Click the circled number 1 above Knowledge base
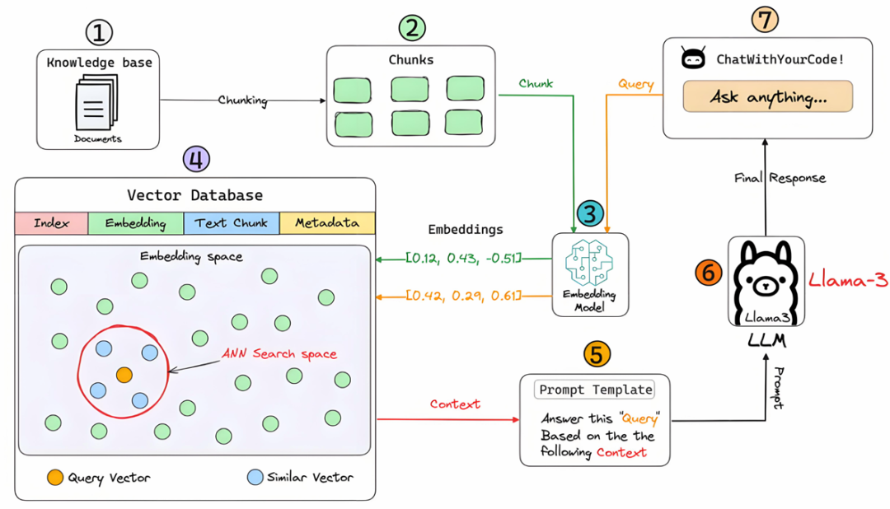coord(99,32)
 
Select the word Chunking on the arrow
coord(243,100)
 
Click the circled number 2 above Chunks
coord(412,28)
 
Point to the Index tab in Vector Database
coord(52,223)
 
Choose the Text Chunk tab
coord(231,223)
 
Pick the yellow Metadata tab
coord(327,223)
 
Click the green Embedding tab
coord(136,223)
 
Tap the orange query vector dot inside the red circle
coord(124,375)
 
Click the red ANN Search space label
coord(279,353)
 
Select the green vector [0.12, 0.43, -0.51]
coord(463,258)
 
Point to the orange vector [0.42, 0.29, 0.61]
coord(463,296)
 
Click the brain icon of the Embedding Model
coord(590,262)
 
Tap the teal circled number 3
coord(590,213)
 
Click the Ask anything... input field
coord(768,96)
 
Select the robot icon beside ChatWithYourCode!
coord(693,58)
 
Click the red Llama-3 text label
coord(848,280)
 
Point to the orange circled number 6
coord(709,273)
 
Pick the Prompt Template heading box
coord(595,390)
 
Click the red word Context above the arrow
coord(455,404)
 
